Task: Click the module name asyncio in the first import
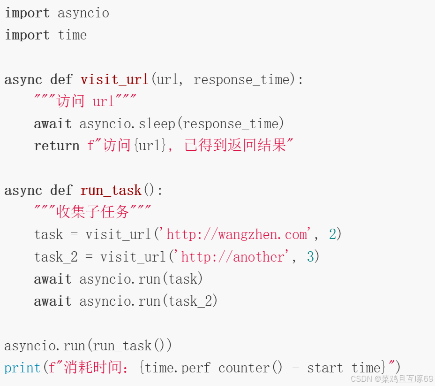pos(83,13)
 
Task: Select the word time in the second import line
pos(72,35)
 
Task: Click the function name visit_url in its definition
pos(114,79)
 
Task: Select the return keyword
pos(56,146)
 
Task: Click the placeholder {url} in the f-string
pos(150,146)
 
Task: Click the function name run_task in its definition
pos(111,190)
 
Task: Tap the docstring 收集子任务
pos(93,212)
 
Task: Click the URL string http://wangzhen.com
pos(237,234)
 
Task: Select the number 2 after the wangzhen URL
pos(332,234)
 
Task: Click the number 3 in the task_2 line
pos(310,257)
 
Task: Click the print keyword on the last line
pos(22,368)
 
